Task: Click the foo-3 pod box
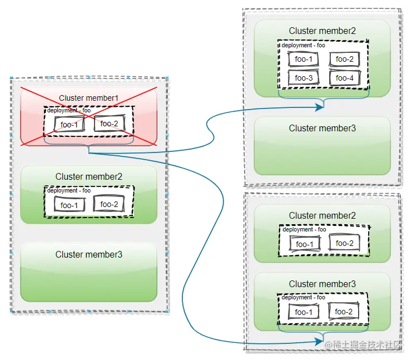[304, 78]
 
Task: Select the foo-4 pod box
[344, 78]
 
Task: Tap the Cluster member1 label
[89, 98]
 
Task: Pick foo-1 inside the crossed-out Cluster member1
[69, 125]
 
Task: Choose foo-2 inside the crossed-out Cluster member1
[109, 124]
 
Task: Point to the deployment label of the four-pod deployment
[303, 45]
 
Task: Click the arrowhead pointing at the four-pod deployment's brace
[320, 108]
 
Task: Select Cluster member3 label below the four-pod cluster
[322, 128]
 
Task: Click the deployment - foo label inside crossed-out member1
[68, 110]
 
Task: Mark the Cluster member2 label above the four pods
[322, 31]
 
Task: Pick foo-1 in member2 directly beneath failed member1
[69, 205]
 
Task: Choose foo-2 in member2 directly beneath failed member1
[109, 204]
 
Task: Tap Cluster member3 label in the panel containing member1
[89, 254]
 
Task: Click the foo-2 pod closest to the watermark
[344, 312]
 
